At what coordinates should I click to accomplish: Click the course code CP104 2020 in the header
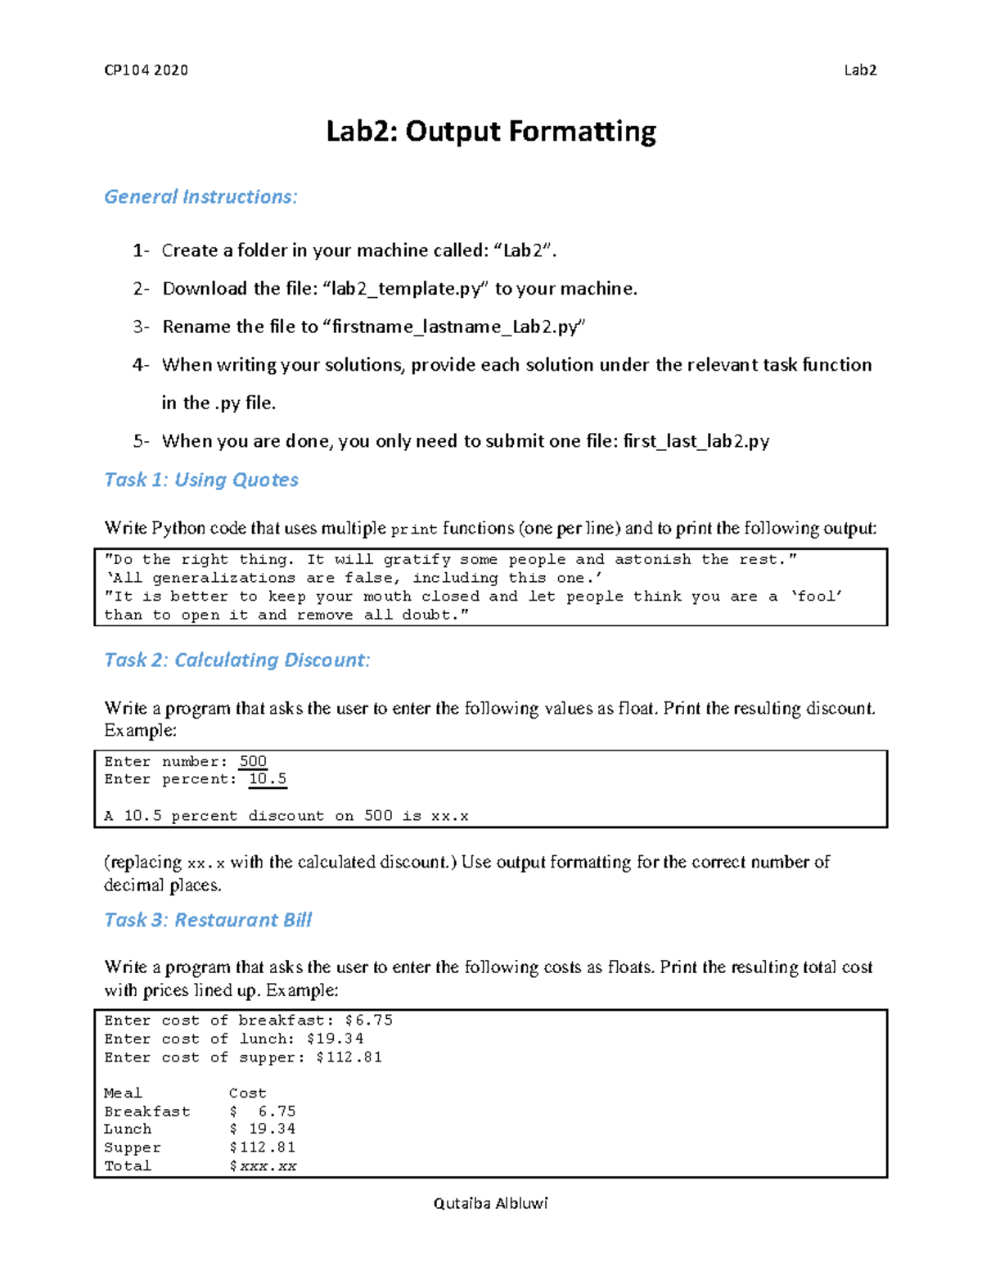pos(146,70)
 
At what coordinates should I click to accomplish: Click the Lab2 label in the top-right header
pos(860,70)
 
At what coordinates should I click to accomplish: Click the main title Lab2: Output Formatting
pos(491,132)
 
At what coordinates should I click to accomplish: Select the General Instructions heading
pos(200,197)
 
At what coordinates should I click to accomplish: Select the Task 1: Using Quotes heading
pos(201,480)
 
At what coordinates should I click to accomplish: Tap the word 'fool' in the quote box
pos(817,597)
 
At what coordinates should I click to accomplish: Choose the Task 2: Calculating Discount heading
pos(237,660)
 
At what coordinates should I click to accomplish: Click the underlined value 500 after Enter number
pos(253,761)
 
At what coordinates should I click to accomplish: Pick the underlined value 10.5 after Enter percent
pos(268,779)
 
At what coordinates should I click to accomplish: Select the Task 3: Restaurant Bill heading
pos(208,921)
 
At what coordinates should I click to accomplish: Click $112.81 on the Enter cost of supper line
pos(349,1057)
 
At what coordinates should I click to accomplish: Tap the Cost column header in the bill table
pos(247,1093)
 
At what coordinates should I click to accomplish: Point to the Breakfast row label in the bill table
pos(146,1111)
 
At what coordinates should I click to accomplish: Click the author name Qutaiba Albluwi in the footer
pos(490,1203)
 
